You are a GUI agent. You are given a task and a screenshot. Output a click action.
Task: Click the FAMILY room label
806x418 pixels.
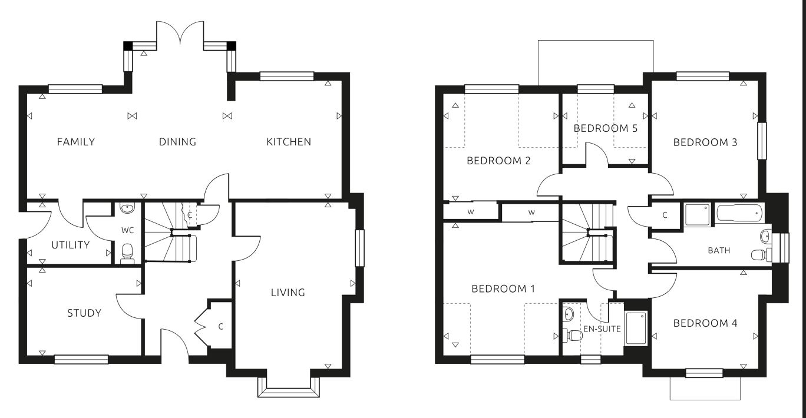[75, 142]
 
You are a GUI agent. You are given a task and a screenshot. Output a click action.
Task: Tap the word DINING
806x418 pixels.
[177, 142]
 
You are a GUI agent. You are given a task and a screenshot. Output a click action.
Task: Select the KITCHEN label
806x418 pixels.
[289, 142]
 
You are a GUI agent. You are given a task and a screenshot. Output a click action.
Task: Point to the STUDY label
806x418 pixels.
[84, 313]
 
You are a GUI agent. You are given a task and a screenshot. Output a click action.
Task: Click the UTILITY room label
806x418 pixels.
[70, 245]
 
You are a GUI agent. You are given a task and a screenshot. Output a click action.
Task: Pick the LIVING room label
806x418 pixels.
[288, 293]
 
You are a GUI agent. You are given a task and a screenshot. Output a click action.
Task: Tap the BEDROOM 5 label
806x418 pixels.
[606, 128]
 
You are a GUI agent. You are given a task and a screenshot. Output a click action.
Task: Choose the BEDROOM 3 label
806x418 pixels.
[705, 142]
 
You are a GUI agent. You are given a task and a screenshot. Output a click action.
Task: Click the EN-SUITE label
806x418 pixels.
[602, 329]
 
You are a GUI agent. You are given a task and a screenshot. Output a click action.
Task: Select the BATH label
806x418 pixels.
[719, 250]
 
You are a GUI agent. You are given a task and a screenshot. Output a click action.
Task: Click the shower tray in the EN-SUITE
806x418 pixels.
[635, 327]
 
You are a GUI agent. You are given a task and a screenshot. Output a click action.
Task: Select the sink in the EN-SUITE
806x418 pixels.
[568, 313]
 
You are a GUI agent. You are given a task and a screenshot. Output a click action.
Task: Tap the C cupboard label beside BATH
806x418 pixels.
[665, 215]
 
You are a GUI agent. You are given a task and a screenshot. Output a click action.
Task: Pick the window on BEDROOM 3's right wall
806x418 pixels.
[762, 141]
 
